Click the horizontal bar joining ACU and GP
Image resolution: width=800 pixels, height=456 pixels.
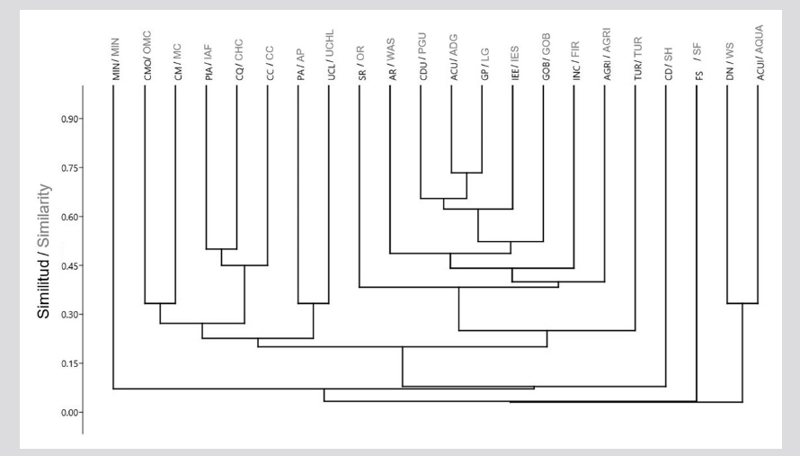click(x=467, y=173)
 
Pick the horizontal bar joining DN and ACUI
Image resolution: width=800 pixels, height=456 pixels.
click(x=742, y=304)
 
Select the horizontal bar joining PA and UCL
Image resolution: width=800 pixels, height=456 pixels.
click(x=314, y=304)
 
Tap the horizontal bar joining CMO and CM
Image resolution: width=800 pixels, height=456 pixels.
click(x=160, y=304)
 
